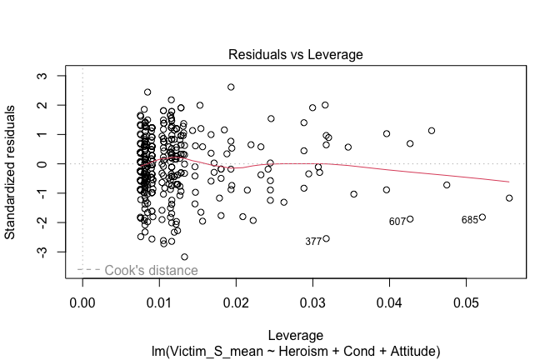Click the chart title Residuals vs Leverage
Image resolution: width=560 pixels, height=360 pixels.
click(295, 54)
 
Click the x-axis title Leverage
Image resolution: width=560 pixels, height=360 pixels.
click(295, 334)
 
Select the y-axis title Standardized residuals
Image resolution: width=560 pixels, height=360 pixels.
click(12, 172)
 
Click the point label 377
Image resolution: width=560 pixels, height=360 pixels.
click(313, 242)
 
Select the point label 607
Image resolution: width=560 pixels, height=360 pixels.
click(397, 222)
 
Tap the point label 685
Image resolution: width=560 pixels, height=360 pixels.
click(470, 220)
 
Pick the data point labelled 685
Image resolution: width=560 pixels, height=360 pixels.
click(482, 217)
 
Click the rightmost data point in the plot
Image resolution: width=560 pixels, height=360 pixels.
click(509, 198)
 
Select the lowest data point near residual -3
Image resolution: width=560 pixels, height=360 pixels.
click(184, 257)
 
